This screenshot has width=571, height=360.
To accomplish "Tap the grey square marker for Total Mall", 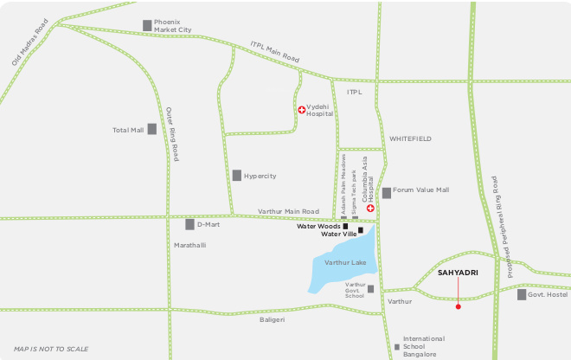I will pos(151,130).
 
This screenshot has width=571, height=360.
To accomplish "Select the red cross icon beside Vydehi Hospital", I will pos(301,110).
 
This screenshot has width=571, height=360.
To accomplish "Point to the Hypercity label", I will pos(260,176).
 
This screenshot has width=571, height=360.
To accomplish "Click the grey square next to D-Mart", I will pos(189,225).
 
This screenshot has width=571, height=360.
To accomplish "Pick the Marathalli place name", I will pos(190,245).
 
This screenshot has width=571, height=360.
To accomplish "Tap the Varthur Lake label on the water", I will pos(345,262).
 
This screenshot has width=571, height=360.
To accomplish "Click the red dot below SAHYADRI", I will pos(458,306).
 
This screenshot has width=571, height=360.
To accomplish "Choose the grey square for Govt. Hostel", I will pos(522,295).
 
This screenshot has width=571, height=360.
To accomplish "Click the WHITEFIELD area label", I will pos(410,138).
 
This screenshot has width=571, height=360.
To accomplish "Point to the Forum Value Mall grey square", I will pos(386,192).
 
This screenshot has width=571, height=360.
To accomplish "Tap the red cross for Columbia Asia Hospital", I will pos(370,209).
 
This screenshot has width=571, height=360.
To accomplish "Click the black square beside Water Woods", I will pos(345,226).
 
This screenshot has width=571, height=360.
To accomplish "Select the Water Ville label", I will pos(338,234).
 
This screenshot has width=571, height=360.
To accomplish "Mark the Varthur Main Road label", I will pos(288,212).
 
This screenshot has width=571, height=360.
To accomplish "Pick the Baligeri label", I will pos(273,319).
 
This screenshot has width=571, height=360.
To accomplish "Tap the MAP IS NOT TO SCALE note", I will pos(51,349).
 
